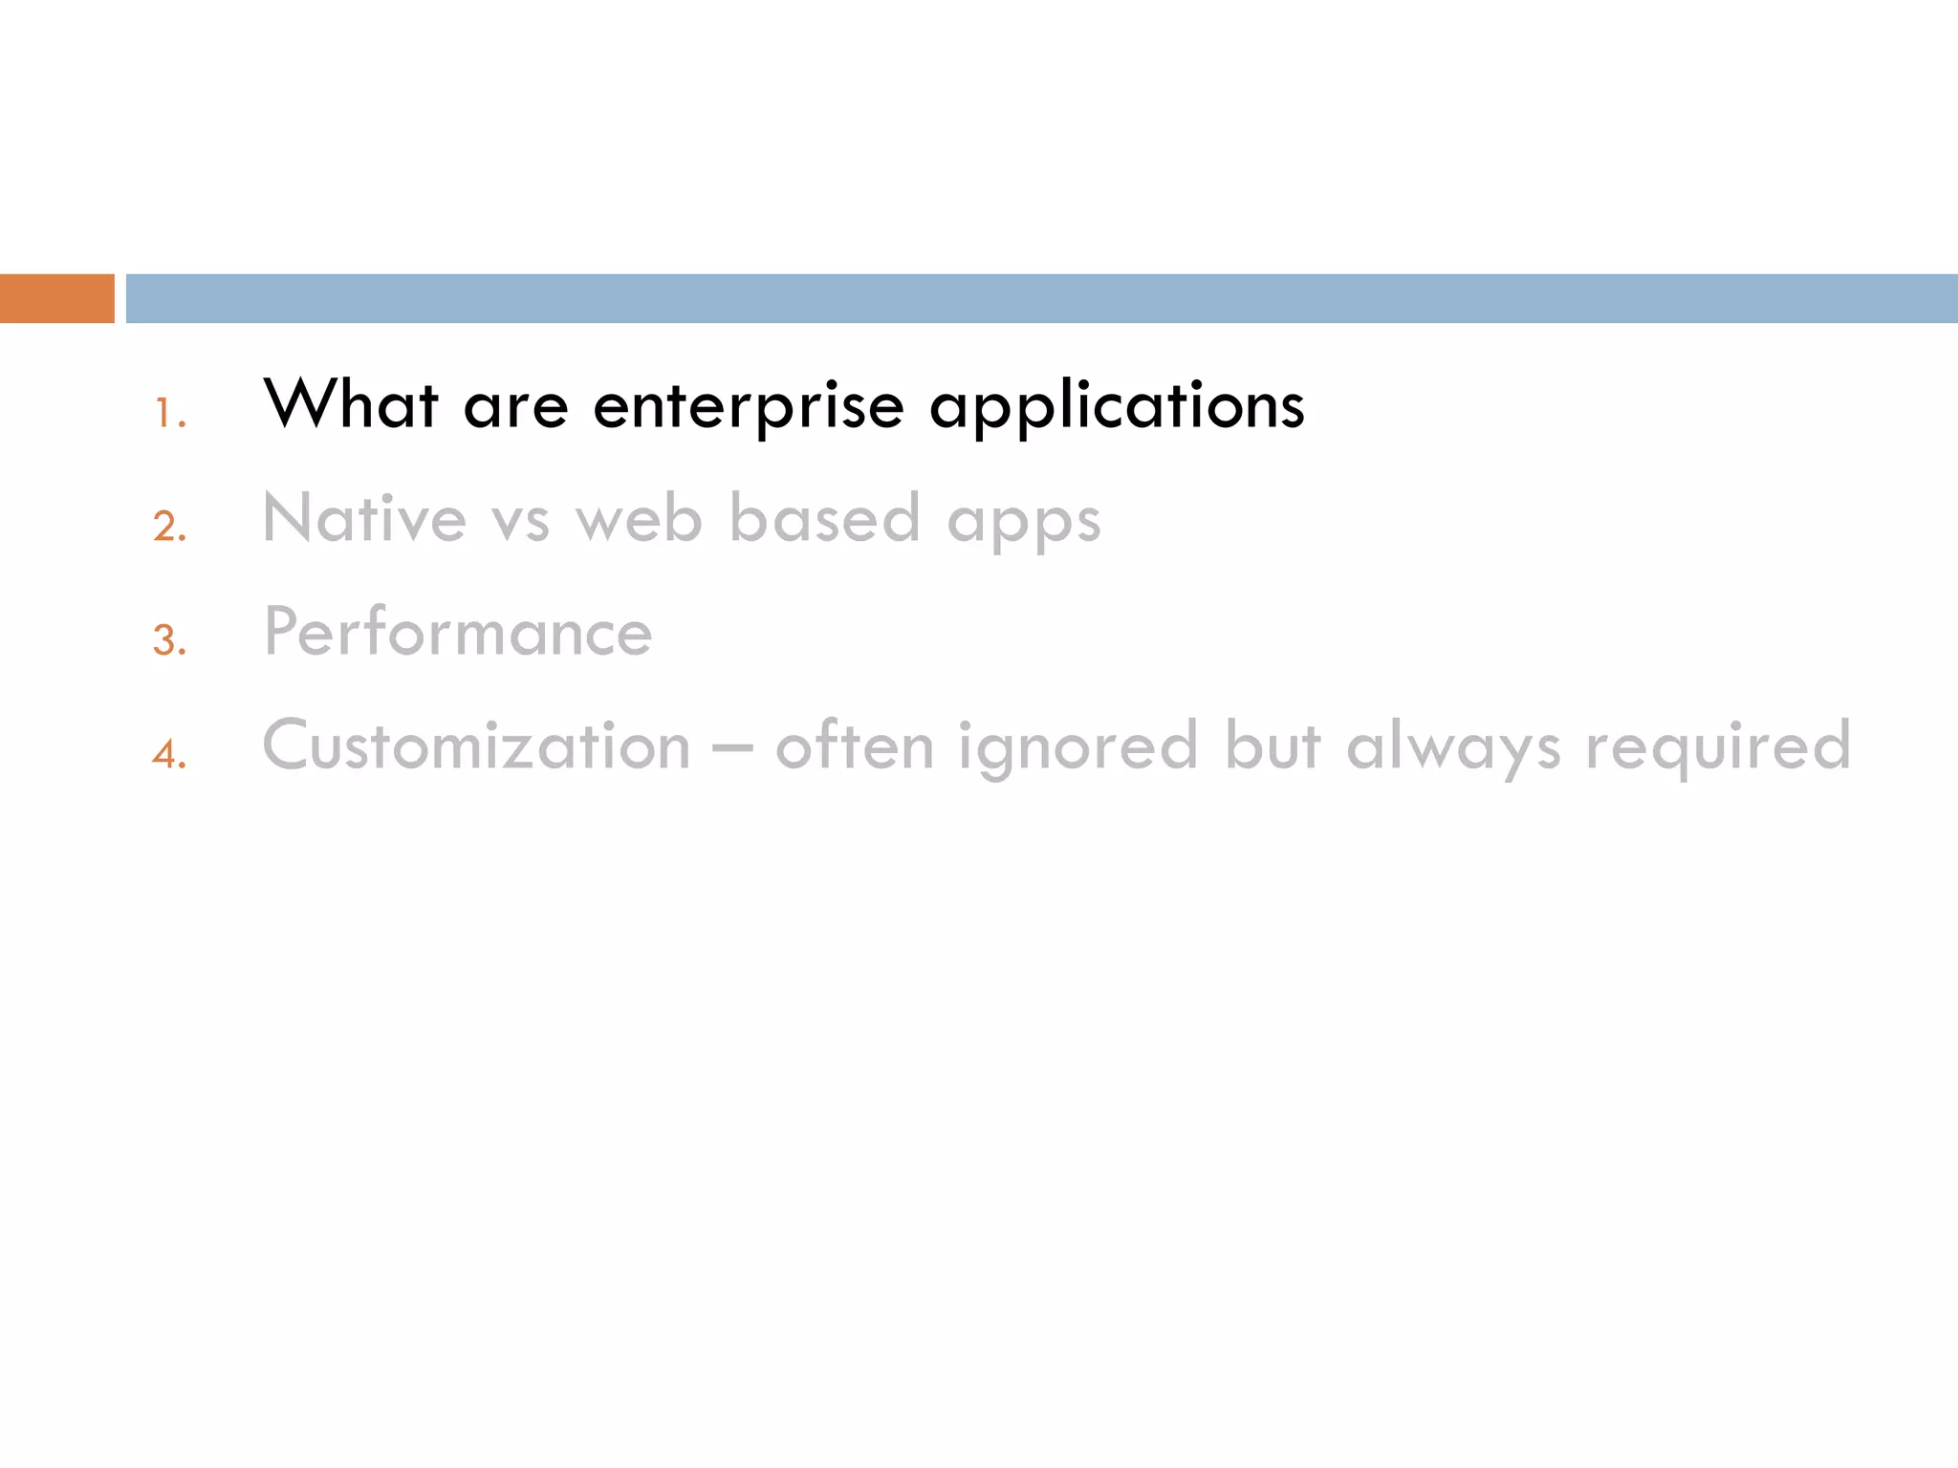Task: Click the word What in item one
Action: click(x=351, y=404)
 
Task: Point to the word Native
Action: click(x=364, y=519)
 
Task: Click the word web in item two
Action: click(x=639, y=519)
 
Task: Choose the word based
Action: click(x=824, y=519)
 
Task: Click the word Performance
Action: click(x=458, y=632)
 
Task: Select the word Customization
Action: click(x=476, y=745)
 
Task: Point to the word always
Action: click(x=1453, y=747)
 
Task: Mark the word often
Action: click(x=854, y=745)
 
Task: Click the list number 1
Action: click(x=169, y=414)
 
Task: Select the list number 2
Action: click(x=169, y=527)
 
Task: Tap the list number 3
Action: click(x=169, y=640)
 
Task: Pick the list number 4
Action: click(x=169, y=754)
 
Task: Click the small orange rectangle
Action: click(x=56, y=298)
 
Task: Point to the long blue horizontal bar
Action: click(x=1041, y=298)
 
